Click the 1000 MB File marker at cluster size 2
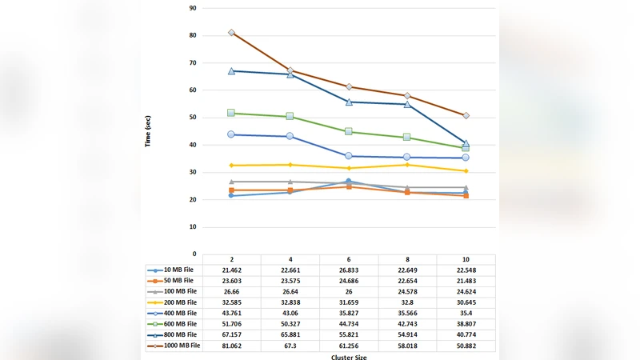tap(231, 33)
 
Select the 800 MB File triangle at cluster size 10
tap(466, 143)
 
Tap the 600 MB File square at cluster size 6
tap(349, 132)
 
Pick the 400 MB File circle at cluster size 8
tap(407, 157)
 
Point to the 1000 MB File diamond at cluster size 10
tap(466, 115)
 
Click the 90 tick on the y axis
tap(193, 8)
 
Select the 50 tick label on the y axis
tap(193, 118)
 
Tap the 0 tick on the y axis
tap(194, 254)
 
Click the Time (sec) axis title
tap(148, 131)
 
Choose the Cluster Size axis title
tap(349, 357)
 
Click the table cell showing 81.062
tap(231, 346)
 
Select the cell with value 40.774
tap(466, 334)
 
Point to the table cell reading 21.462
tap(231, 270)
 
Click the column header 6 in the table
tap(349, 259)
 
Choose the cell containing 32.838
tap(290, 302)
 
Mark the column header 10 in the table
tap(466, 259)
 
